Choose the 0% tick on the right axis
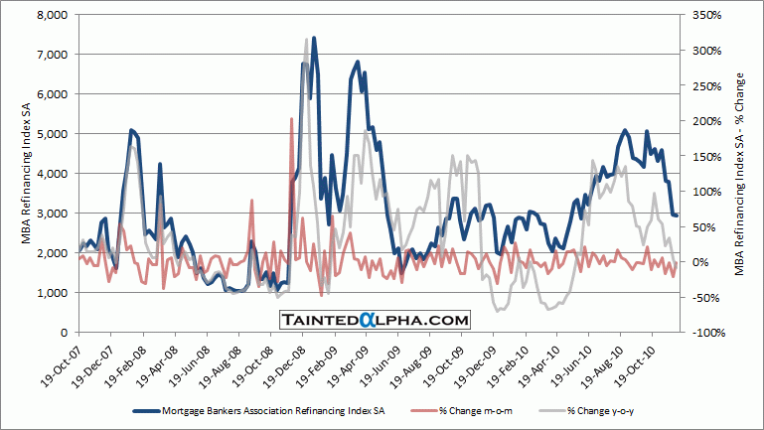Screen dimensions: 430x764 tap(691, 262)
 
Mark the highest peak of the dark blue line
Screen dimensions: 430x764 tap(314, 39)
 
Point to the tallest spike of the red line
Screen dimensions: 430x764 tap(291, 118)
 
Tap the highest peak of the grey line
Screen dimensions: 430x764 tap(307, 39)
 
